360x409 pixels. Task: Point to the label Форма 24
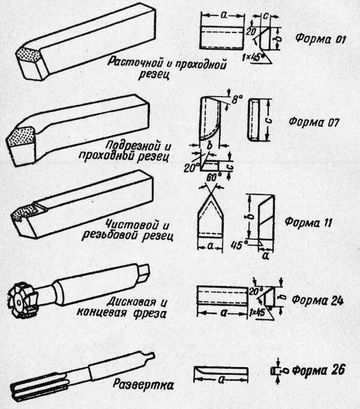point(319,302)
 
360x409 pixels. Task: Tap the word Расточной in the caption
point(134,62)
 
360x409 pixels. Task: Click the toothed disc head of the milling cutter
point(23,298)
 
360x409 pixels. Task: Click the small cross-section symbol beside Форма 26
point(277,371)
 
